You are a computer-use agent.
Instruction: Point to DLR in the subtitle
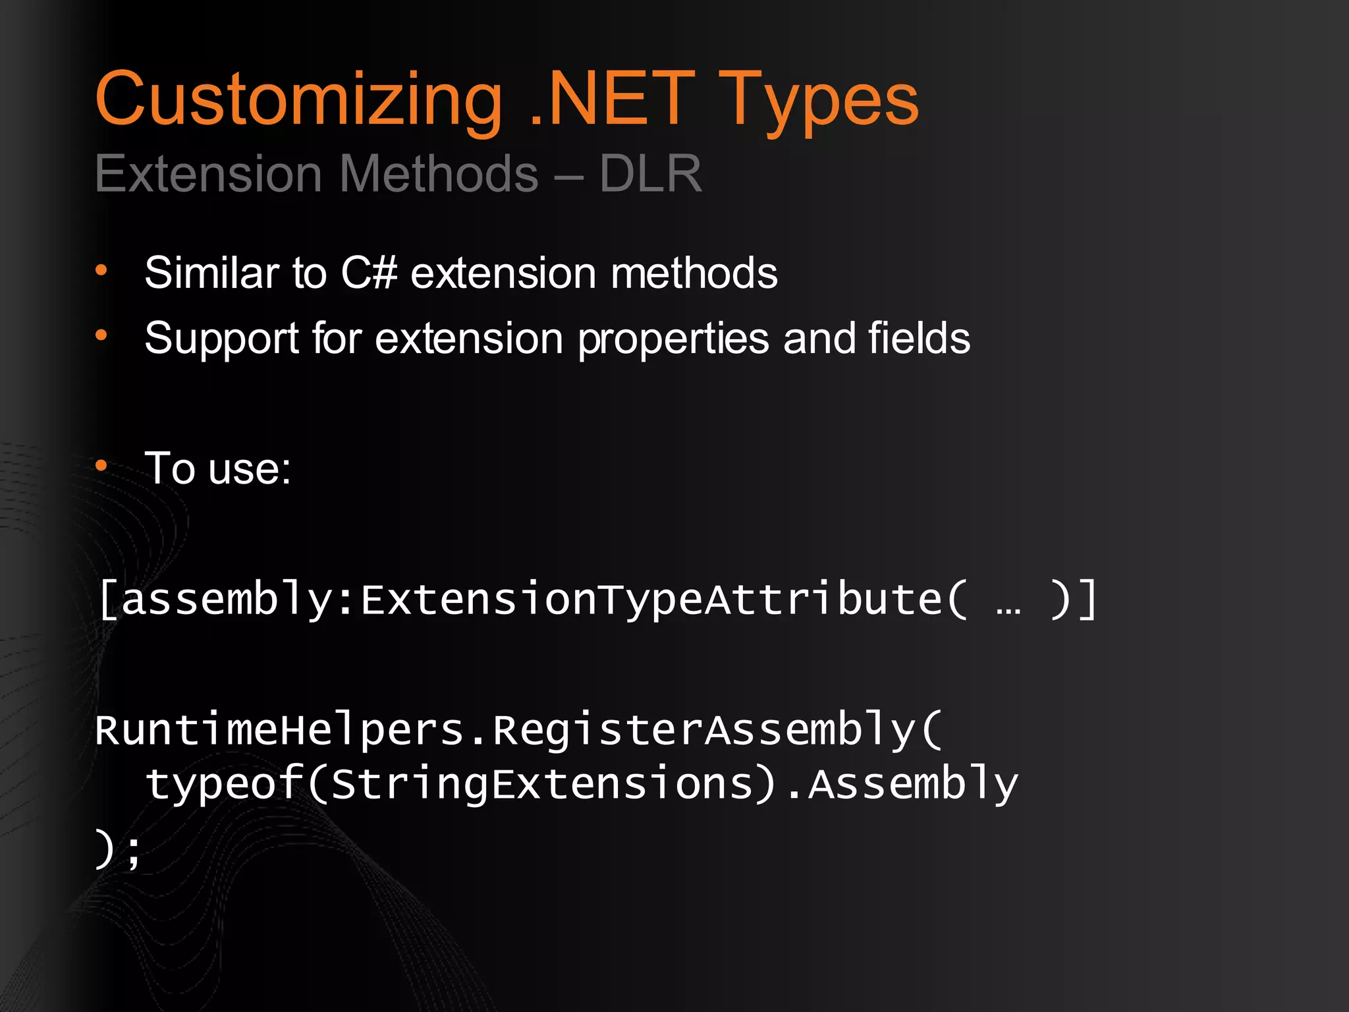tap(650, 173)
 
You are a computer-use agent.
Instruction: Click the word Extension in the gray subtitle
tap(208, 173)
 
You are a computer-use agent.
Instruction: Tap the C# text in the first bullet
tap(368, 273)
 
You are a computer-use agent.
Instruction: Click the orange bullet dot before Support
tap(101, 335)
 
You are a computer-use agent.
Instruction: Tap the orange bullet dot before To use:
tap(101, 466)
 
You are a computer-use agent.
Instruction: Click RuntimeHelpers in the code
tap(279, 730)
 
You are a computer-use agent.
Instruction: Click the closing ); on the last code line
tap(118, 850)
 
